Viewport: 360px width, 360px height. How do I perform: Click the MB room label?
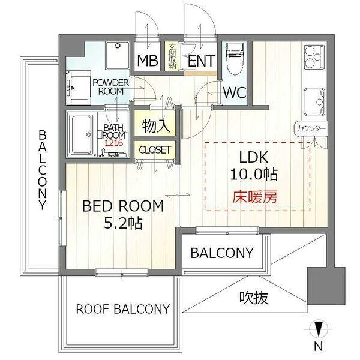tap(148, 61)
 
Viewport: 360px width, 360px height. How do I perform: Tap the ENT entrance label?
tap(202, 61)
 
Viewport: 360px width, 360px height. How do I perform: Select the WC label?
tap(235, 92)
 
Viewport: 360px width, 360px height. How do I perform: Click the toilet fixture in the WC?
tap(235, 59)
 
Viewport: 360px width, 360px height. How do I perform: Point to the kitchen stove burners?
tap(314, 57)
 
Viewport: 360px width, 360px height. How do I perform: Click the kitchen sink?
tap(314, 102)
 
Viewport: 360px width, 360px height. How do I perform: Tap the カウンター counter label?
tap(311, 128)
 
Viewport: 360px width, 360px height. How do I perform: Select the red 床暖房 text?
tap(254, 197)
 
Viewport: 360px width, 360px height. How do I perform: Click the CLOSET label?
tap(155, 150)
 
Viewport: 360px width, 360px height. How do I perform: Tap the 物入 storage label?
tap(156, 126)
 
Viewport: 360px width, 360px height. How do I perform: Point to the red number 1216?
tap(114, 143)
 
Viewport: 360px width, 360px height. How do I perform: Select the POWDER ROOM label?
tap(111, 87)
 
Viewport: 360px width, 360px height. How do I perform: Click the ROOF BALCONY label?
tap(123, 309)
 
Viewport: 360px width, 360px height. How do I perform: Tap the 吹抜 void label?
tap(253, 298)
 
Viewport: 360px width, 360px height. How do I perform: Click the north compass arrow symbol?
tap(318, 329)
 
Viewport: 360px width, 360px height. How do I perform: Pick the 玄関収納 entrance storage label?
tap(172, 56)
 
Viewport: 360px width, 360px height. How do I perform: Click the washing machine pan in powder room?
tap(118, 55)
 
